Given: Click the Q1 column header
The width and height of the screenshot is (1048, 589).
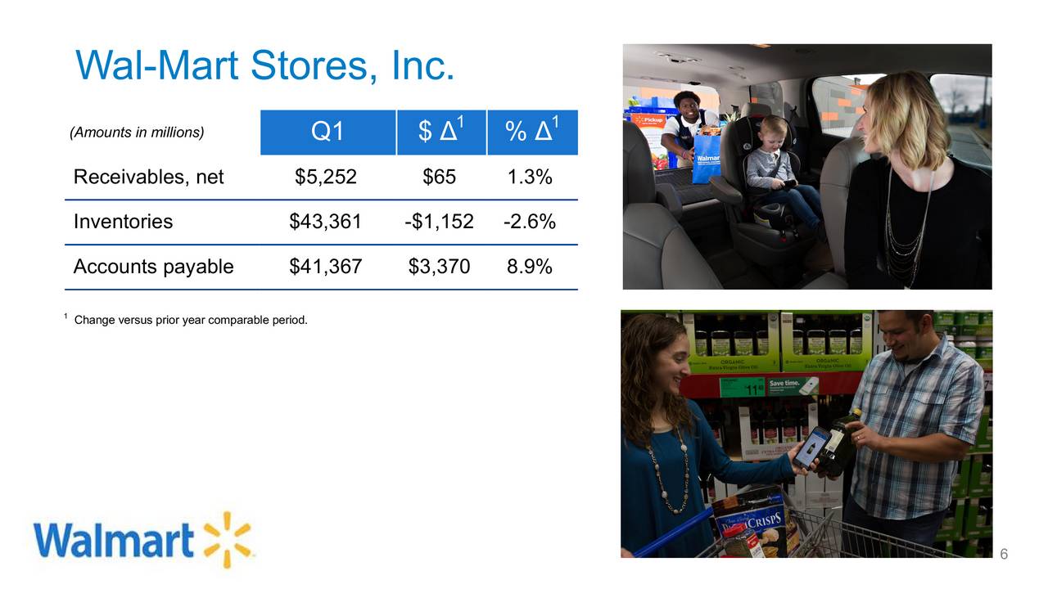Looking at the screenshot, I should tap(327, 132).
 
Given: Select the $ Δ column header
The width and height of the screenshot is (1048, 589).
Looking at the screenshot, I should tap(440, 132).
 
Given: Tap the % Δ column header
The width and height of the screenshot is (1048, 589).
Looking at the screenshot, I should tap(532, 132).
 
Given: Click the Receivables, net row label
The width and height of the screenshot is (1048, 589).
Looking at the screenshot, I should tap(148, 177).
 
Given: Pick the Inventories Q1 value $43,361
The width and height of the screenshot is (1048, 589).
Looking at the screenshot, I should tap(326, 222).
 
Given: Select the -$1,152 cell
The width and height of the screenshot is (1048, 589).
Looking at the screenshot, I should tap(439, 222).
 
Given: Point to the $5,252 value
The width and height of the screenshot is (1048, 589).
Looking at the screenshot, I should tap(326, 177).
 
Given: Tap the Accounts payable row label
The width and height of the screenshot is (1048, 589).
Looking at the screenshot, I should tap(153, 267).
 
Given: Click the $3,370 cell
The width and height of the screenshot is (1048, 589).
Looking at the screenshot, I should tap(439, 267).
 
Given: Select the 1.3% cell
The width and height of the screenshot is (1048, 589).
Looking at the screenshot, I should tap(530, 177).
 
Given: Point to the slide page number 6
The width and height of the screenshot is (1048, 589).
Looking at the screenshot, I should tap(1004, 555).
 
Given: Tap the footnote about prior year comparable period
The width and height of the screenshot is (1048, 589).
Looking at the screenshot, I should tap(190, 319).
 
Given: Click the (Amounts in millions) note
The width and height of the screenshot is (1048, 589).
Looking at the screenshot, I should tap(137, 132).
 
